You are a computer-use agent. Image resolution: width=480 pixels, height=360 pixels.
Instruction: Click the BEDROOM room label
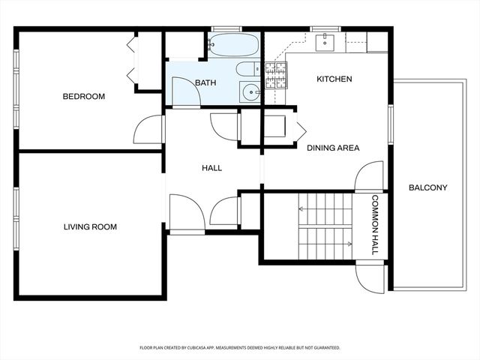tap(83, 97)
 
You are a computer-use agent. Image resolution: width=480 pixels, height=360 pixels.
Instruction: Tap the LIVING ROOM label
tap(90, 226)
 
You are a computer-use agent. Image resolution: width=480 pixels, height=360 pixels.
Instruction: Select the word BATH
tap(205, 82)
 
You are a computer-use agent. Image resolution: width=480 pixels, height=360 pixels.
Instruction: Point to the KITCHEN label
tap(334, 79)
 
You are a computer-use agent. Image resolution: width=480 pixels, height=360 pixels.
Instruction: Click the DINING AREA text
tap(333, 148)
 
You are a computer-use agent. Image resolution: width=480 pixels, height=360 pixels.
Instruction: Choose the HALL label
tap(211, 168)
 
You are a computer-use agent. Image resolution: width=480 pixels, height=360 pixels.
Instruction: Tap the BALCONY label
tap(428, 187)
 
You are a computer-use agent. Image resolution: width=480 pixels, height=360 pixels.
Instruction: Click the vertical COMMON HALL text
tap(375, 225)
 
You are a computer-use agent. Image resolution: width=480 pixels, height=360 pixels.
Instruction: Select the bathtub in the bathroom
tap(234, 45)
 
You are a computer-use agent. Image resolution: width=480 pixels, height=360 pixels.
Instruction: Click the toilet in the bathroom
tap(248, 68)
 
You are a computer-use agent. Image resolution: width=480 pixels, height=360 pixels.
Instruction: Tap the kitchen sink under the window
tap(325, 42)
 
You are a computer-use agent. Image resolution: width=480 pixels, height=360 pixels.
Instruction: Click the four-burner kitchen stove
tap(276, 75)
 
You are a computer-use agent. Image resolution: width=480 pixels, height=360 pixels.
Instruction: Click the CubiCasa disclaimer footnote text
tap(240, 348)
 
